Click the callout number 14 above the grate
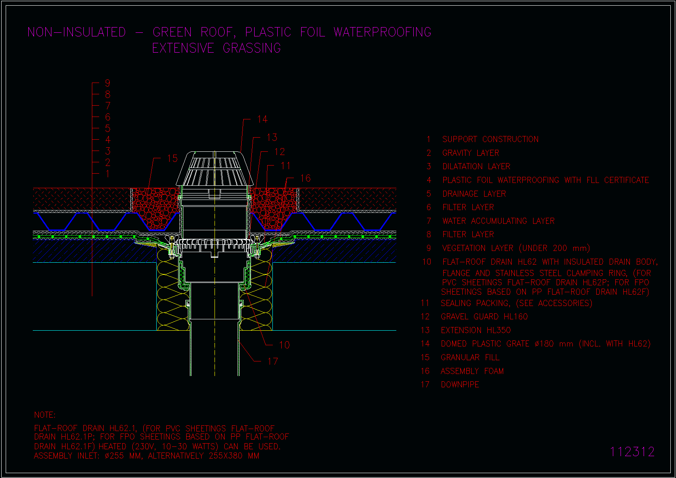tap(262, 119)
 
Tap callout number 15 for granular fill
tap(172, 158)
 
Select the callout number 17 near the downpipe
tap(272, 361)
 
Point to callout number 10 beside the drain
tap(284, 345)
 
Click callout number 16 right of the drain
tap(305, 178)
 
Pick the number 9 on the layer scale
tap(107, 83)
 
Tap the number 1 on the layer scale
tap(107, 174)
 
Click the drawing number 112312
tap(632, 452)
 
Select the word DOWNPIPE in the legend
tap(460, 385)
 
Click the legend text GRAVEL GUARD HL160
tap(484, 317)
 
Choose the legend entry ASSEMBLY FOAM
tap(472, 371)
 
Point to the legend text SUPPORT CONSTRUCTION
tap(490, 139)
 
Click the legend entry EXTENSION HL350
tap(476, 330)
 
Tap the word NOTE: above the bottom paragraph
tap(45, 415)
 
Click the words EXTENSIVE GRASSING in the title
tap(217, 48)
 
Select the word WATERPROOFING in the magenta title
tap(383, 32)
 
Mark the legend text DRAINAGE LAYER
tap(474, 194)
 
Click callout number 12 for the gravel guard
tap(279, 152)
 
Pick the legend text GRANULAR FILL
tap(470, 357)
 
